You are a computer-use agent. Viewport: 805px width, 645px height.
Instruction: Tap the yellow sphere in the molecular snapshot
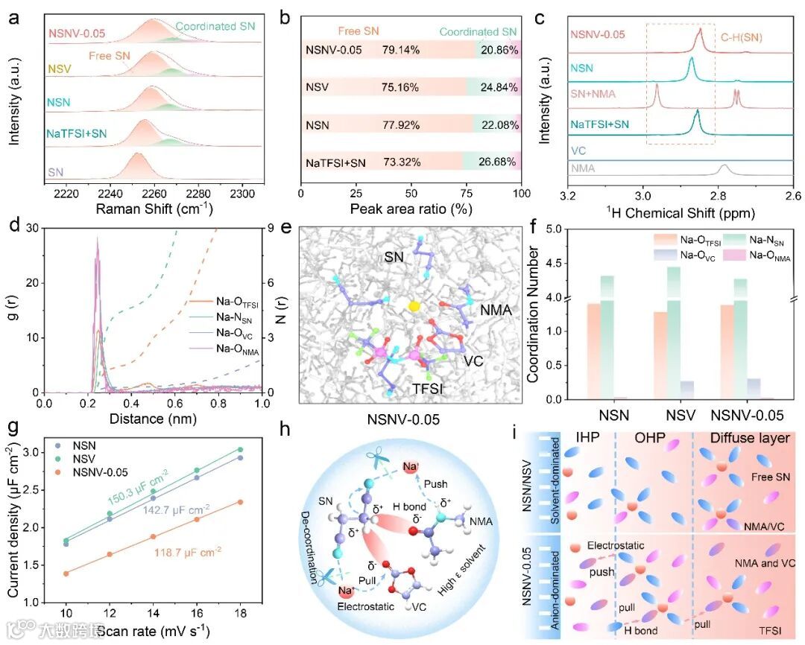(x=414, y=305)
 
